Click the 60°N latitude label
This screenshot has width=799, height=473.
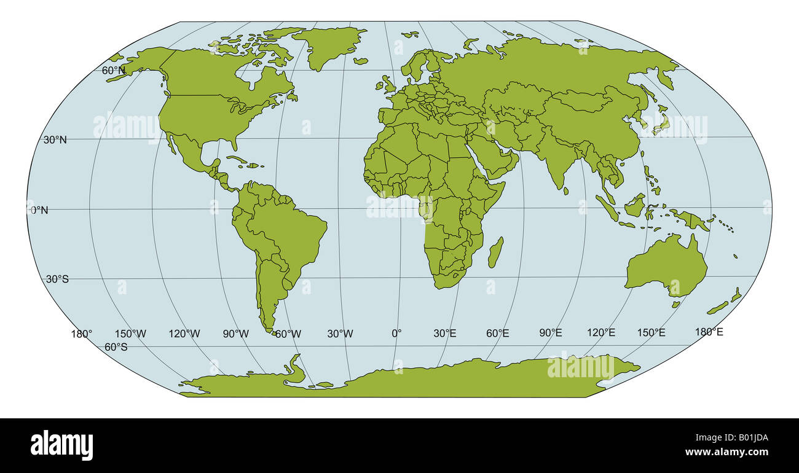coord(114,71)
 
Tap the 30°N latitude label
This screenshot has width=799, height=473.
coord(55,139)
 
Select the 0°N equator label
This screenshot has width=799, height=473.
coord(39,210)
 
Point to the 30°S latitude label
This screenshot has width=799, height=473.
coord(57,279)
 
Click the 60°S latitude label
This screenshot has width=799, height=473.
coord(116,347)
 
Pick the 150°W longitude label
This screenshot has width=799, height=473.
coord(131,334)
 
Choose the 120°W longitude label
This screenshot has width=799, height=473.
coord(184,334)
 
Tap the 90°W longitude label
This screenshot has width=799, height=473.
coord(235,334)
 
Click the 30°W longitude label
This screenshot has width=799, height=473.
coord(340,334)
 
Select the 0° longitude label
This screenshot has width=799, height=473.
coord(396,333)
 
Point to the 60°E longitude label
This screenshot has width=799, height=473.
coord(497,333)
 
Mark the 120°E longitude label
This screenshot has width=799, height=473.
coord(600,332)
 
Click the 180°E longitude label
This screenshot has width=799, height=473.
coord(709,332)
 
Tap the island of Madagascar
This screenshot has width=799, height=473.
coord(495,252)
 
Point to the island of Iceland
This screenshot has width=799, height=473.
coord(360,61)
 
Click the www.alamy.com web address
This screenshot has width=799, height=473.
coord(726,452)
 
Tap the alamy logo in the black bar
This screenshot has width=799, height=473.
coord(61,445)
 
